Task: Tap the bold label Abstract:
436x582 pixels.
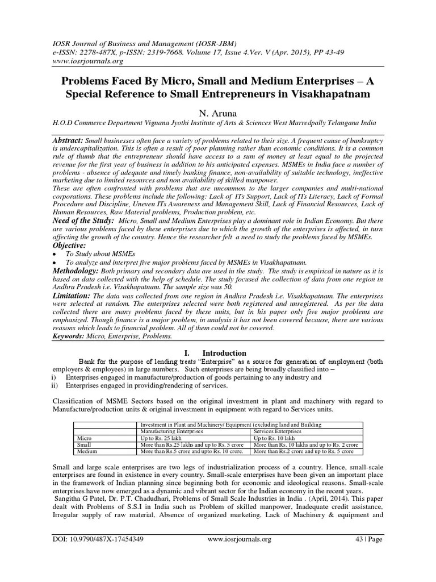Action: (68, 140)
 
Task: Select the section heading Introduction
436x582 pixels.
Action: (224, 353)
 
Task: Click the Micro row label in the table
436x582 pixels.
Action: (83, 439)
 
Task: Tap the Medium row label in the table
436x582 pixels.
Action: (86, 451)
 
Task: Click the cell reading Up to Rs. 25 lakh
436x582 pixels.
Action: (161, 439)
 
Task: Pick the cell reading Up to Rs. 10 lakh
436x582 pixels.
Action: (275, 439)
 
